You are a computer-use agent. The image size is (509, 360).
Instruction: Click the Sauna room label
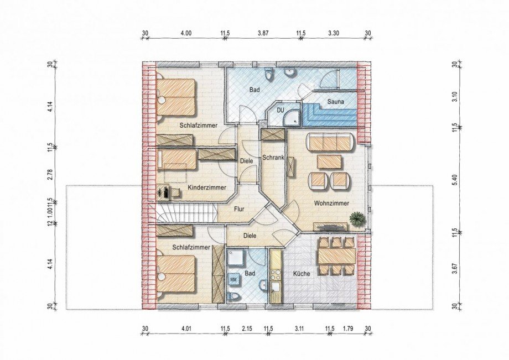click(x=335, y=102)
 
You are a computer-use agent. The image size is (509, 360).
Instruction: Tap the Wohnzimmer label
click(x=331, y=204)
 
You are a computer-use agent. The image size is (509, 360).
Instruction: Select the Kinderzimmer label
click(x=207, y=187)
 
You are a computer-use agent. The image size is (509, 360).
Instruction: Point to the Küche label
click(x=302, y=274)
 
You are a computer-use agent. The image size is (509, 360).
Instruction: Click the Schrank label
click(x=273, y=158)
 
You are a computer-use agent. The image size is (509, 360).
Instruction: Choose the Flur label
click(x=239, y=209)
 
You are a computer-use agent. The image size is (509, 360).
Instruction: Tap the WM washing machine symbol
click(x=233, y=279)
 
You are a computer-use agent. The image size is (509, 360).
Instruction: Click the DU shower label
click(x=281, y=110)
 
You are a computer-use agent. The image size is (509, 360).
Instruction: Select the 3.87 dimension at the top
click(x=263, y=33)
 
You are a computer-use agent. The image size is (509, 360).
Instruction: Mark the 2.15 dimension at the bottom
click(x=247, y=329)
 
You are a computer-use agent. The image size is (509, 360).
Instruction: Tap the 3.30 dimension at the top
click(x=334, y=33)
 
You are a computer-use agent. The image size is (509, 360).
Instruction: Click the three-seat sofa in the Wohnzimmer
click(x=330, y=142)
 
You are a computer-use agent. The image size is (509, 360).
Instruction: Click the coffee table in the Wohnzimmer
click(x=329, y=161)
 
